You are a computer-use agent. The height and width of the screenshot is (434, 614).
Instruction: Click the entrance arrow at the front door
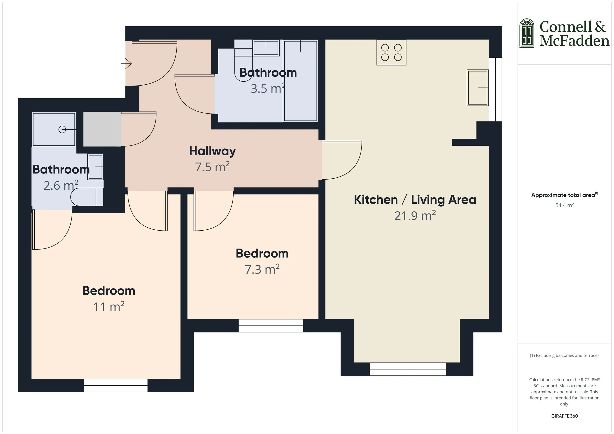coord(126,64)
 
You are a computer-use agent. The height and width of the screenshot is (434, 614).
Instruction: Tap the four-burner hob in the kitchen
coord(391,53)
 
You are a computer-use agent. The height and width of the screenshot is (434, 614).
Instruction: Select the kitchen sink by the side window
coord(477,88)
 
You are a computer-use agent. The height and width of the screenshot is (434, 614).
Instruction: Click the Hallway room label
coord(212,151)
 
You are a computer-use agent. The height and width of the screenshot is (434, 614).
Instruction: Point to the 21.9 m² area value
coord(415,216)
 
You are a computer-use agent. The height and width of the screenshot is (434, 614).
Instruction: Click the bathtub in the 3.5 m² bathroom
coord(300,81)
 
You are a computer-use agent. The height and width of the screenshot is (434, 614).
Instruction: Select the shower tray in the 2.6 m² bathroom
coord(54,129)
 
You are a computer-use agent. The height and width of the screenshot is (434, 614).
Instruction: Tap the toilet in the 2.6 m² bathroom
coord(86,197)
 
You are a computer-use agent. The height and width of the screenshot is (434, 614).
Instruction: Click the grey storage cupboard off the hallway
coord(102,129)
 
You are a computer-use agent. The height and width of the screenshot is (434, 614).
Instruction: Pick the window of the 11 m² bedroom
coord(116,385)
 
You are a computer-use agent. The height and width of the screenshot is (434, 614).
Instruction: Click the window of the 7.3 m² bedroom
coord(270,326)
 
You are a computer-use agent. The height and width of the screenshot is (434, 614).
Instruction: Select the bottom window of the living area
coord(407,369)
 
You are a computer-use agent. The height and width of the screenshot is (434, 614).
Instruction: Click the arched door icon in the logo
coord(527,33)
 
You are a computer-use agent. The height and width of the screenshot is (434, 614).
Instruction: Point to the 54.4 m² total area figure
coord(564,205)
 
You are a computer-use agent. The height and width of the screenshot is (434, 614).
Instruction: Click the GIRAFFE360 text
coord(564,416)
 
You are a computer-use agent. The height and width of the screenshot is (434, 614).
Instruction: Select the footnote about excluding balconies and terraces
coord(564,355)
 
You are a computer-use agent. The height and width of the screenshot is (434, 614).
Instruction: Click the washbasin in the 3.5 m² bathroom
coord(266,48)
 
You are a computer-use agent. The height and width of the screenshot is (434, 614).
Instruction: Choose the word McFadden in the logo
coord(574,41)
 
